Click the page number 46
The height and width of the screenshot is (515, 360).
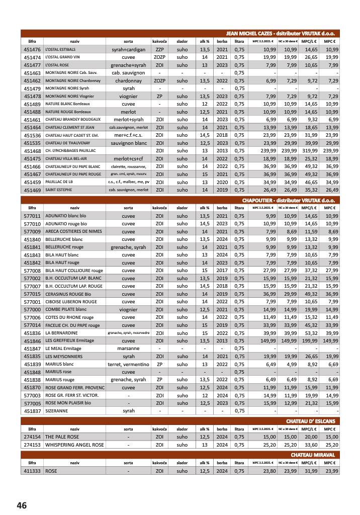pos(22,505)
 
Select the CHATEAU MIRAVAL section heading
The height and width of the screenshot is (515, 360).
pos(320,455)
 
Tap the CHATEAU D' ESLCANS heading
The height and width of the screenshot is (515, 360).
pos(310,420)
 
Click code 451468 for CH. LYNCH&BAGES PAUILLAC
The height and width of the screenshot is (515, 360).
pos(32,150)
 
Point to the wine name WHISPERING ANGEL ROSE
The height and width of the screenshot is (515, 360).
pos(74,445)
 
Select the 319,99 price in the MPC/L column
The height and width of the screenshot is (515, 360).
pos(309,150)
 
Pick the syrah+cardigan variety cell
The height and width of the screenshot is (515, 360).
pos(128,50)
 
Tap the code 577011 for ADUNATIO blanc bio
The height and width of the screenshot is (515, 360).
pos(32,216)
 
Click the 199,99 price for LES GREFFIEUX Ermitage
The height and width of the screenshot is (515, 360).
pos(309,340)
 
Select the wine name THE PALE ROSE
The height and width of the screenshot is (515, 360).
pos(62,437)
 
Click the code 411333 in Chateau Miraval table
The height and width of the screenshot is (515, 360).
pos(32,471)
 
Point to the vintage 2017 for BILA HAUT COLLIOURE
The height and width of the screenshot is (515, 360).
pos(222,270)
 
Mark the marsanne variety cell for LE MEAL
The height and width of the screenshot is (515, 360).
pos(128,349)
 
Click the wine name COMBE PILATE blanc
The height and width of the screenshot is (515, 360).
pos(66,309)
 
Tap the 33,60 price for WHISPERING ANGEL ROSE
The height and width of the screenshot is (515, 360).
pos(310,445)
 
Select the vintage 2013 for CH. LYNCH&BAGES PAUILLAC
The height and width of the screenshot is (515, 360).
pos(222,150)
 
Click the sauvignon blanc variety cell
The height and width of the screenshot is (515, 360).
pos(128,143)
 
